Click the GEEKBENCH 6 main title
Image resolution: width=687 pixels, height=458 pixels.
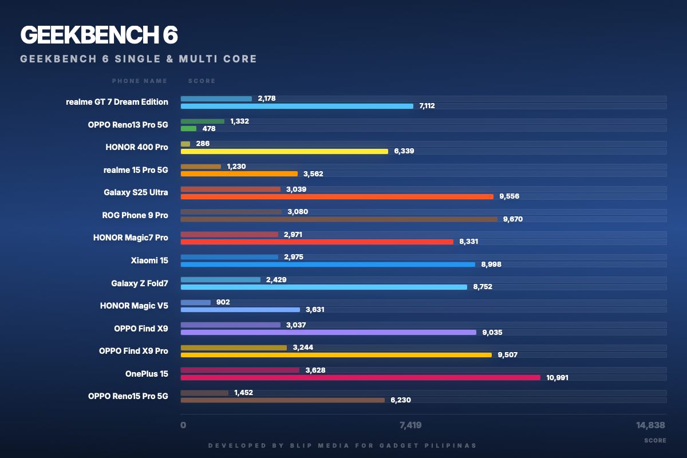(x=99, y=35)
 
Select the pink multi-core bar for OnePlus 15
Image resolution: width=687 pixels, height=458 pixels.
(x=360, y=377)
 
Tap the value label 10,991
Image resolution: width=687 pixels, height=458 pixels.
(x=557, y=378)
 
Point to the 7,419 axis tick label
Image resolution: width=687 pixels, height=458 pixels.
(x=410, y=425)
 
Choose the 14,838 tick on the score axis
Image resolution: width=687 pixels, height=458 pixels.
(x=651, y=425)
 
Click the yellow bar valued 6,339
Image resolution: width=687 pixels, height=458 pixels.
(x=284, y=151)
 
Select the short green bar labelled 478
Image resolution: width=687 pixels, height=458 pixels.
(x=188, y=129)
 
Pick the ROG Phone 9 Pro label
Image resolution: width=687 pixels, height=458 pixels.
(x=135, y=215)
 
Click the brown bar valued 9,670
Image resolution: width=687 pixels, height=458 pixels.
(x=339, y=219)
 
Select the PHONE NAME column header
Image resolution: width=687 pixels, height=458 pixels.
(x=140, y=81)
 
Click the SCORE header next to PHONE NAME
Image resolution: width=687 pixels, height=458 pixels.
(x=202, y=81)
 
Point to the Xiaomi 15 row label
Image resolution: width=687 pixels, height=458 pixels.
(x=149, y=260)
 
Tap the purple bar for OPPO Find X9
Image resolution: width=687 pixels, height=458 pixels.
(x=328, y=332)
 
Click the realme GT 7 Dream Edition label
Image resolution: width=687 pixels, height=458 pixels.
(x=117, y=102)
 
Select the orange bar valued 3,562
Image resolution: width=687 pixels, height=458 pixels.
(x=239, y=173)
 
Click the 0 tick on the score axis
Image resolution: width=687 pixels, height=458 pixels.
(x=183, y=425)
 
